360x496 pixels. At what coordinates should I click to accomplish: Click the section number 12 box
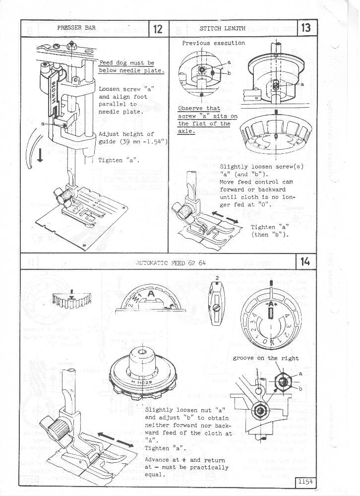[x=159, y=28]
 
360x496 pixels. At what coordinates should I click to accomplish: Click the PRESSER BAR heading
[x=76, y=28]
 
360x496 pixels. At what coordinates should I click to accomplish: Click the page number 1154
[x=306, y=481]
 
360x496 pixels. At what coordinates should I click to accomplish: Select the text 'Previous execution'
[x=213, y=43]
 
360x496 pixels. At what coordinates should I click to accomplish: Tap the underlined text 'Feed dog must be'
[x=126, y=63]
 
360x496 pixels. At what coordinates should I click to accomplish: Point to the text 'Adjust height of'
[x=126, y=134]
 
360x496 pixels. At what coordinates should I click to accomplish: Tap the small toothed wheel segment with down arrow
[x=72, y=300]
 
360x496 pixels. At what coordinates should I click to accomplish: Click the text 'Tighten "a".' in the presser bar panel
[x=119, y=160]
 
